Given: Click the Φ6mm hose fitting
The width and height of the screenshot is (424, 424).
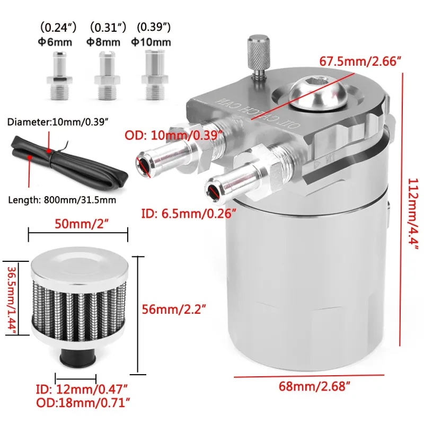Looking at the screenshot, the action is (59, 75).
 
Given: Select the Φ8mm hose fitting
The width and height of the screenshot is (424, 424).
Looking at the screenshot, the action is (107, 75).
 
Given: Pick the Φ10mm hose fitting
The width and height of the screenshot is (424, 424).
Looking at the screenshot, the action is (155, 75).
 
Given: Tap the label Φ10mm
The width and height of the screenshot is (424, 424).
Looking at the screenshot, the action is (151, 42).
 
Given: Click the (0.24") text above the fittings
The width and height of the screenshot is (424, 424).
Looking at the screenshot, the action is (58, 28).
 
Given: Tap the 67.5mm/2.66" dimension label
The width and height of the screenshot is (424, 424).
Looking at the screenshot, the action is (360, 61).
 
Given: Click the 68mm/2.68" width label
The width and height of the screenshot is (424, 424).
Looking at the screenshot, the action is (314, 386).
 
